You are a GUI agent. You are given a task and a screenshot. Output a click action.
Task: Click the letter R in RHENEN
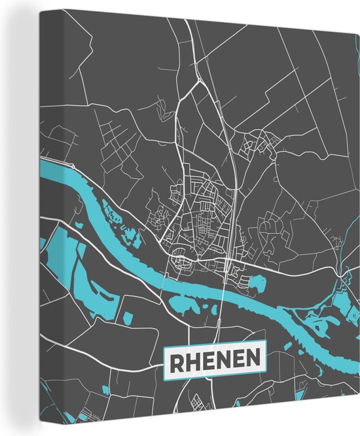(176, 359)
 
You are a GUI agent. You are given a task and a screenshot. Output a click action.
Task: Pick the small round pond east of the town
(257, 283)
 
